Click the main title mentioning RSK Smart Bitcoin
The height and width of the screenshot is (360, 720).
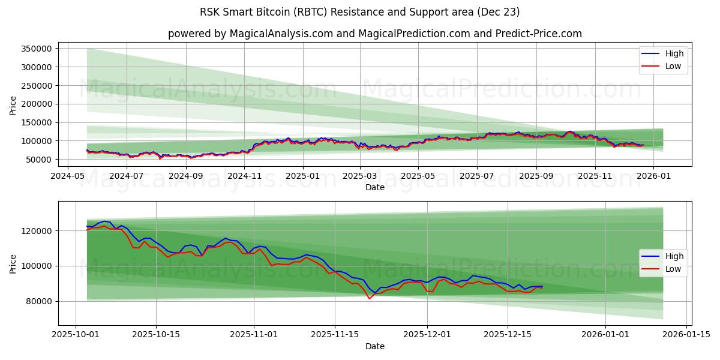[x=360, y=12]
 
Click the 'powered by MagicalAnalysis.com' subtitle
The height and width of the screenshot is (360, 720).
[x=375, y=34]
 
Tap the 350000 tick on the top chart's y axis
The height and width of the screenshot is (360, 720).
[x=38, y=49]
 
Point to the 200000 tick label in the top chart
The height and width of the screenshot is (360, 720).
[x=38, y=104]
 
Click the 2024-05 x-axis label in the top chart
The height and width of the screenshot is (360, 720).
[x=68, y=176]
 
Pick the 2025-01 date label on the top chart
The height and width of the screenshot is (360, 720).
[x=302, y=176]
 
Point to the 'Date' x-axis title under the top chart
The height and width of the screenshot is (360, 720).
[x=375, y=187]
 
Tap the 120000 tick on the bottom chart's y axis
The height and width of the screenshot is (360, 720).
[x=38, y=231]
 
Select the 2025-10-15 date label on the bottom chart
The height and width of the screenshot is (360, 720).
[x=156, y=334]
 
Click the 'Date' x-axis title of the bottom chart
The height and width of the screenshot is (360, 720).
[x=375, y=346]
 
